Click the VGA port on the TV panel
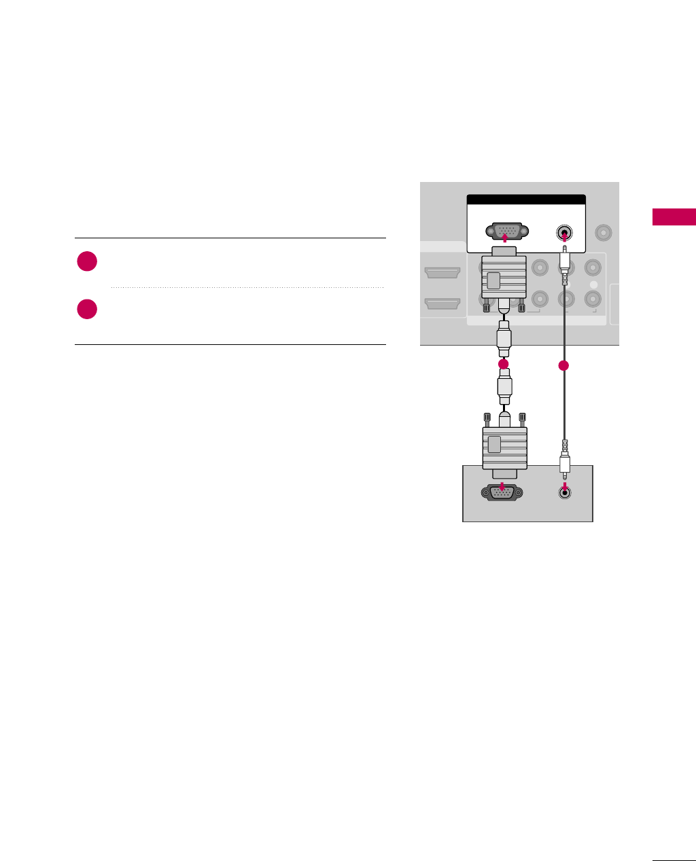click(504, 231)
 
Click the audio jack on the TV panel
click(563, 233)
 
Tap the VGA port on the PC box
click(502, 493)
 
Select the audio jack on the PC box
click(563, 493)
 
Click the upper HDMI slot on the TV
click(442, 273)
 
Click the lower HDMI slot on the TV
click(442, 304)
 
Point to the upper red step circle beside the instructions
click(87, 261)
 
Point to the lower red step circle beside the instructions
click(87, 309)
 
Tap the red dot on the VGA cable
click(503, 365)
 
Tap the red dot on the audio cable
click(563, 366)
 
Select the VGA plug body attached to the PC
click(504, 447)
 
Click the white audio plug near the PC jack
click(564, 464)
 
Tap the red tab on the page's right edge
click(674, 217)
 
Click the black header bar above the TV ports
click(526, 200)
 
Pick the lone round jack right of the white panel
click(602, 232)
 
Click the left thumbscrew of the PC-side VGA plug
click(487, 420)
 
